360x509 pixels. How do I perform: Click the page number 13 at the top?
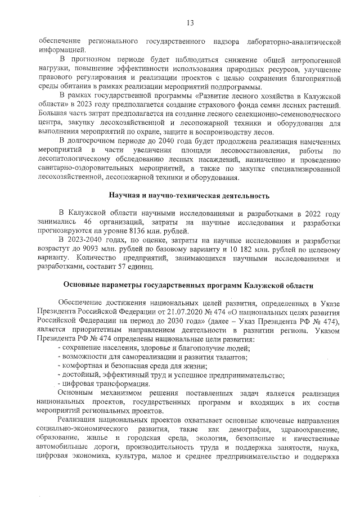pos(190,22)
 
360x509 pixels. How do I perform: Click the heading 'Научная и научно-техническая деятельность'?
pos(188,196)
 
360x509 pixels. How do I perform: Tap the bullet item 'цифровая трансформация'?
pos(93,384)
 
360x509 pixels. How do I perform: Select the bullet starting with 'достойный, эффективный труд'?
pos(170,375)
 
